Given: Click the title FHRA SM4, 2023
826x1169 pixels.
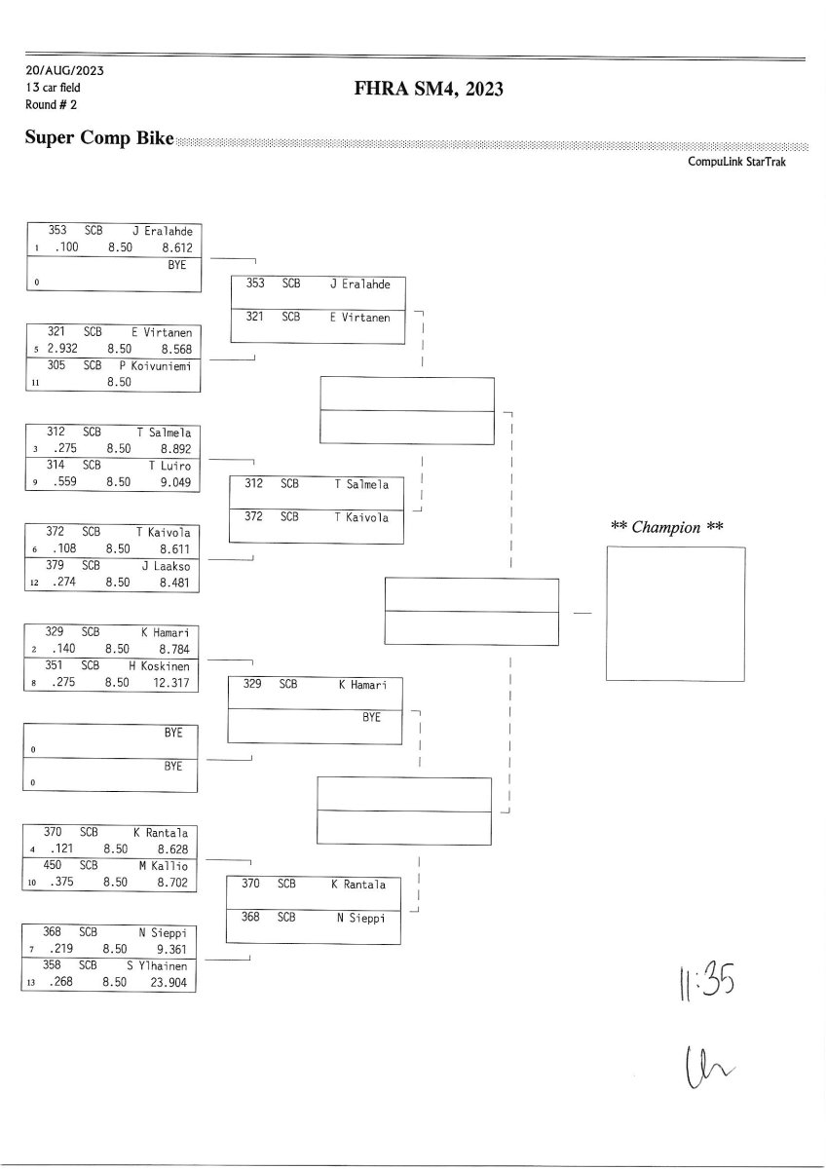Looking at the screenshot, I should (430, 90).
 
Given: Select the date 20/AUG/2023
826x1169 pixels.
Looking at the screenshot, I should (65, 71).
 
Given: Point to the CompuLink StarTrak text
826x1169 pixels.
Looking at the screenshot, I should (736, 162).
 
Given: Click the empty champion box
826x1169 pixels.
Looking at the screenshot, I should (675, 613).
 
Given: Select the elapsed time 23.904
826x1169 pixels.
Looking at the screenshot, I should (172, 982).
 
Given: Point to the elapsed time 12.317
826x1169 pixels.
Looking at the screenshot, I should (173, 683).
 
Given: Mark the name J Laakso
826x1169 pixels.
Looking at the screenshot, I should (166, 565).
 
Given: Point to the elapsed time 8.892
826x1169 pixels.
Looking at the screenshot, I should (175, 449).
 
